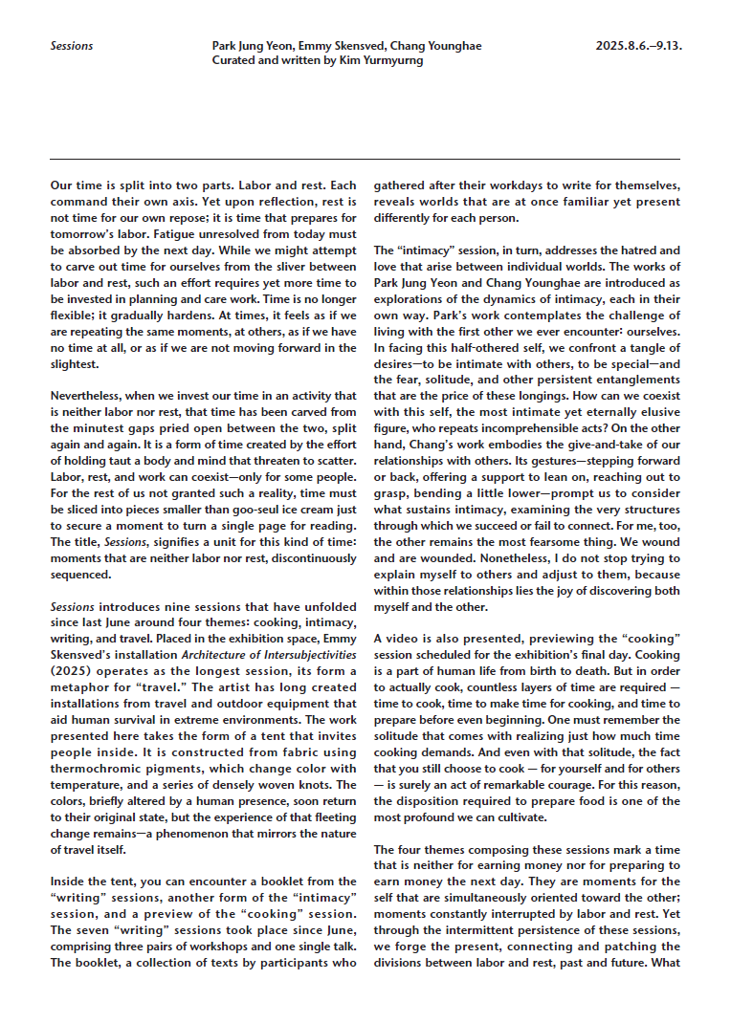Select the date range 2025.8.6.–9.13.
click(x=637, y=46)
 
